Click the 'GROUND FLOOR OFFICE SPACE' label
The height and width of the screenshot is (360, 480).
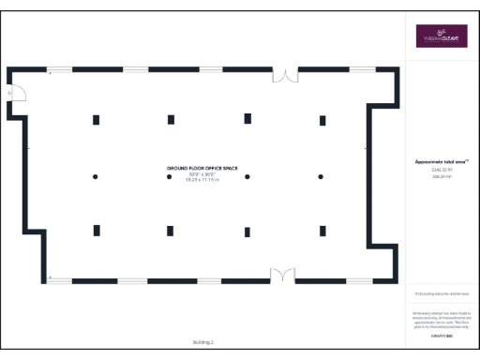202,168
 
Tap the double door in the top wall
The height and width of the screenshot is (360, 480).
284,73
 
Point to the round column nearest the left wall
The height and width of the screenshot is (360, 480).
95,176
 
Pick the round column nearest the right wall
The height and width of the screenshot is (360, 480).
321,176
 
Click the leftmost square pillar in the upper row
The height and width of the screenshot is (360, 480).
96,119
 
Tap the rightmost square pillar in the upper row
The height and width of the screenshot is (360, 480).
322,120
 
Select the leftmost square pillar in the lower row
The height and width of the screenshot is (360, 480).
96,231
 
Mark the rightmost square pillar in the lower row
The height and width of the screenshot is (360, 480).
322,231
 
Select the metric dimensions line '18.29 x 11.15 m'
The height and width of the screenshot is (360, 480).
202,179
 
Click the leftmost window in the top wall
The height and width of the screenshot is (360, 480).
60,68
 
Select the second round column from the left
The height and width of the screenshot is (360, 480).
171,176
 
